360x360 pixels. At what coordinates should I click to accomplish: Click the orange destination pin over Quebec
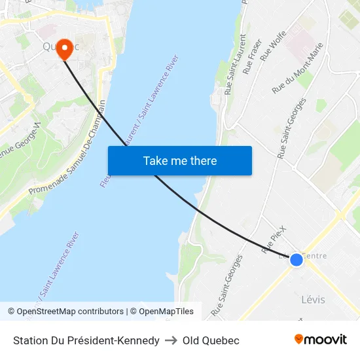pos(64,48)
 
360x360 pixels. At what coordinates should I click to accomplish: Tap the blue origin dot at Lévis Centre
pos(296,260)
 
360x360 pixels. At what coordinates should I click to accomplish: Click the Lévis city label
pos(313,300)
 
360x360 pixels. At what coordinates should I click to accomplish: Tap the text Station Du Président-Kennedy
pos(86,340)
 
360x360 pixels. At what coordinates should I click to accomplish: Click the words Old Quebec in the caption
pos(211,340)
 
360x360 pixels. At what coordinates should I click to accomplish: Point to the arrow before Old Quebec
pos(171,340)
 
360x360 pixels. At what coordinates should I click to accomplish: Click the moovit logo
pos(321,340)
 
